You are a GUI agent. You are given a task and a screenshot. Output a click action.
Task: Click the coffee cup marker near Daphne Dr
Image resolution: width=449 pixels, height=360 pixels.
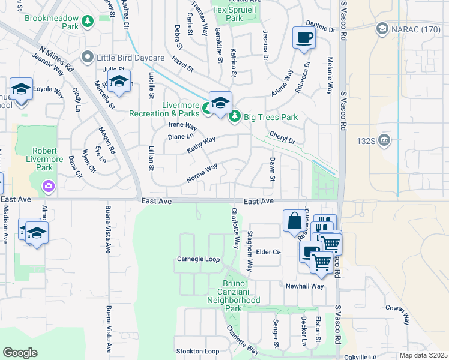click(303, 38)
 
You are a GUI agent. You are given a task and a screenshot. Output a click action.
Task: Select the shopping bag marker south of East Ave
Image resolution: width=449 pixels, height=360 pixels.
click(294, 220)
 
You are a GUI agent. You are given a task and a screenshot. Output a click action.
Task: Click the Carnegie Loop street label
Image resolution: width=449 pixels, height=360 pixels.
click(198, 259)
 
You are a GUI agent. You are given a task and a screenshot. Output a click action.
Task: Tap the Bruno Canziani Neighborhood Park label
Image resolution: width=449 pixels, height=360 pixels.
click(234, 295)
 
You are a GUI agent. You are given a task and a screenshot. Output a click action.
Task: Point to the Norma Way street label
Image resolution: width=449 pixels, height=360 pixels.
click(202, 174)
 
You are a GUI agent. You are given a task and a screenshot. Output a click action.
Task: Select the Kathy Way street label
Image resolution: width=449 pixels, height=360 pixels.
click(200, 145)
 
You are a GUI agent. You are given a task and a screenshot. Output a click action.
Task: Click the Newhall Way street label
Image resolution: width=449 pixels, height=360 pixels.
click(304, 286)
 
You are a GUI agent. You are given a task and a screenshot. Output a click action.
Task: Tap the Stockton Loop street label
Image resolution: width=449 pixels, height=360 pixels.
click(197, 351)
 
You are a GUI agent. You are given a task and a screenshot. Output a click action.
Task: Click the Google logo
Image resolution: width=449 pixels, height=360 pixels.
click(20, 353)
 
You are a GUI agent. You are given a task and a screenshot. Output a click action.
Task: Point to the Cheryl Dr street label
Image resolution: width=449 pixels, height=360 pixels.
click(282, 138)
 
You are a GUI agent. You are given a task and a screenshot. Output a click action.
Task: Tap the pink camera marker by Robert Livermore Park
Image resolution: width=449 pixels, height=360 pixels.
click(48, 186)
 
